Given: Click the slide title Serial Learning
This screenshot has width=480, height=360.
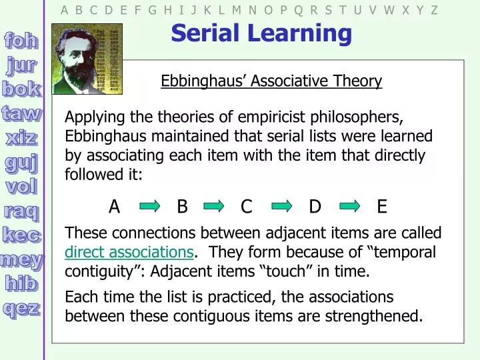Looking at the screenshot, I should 261,32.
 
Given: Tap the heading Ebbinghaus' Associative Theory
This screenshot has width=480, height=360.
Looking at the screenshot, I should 271,81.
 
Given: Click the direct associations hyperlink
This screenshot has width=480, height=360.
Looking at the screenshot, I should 129,253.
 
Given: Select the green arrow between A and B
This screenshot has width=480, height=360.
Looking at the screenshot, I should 150,207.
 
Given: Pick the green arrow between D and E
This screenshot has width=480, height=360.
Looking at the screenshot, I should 349,207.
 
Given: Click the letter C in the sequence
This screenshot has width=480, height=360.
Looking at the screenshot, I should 246,207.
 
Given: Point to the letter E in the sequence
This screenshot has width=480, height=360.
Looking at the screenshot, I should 382,207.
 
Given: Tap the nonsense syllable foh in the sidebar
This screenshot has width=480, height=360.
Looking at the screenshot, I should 21,41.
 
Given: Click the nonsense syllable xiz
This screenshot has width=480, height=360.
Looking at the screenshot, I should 21,137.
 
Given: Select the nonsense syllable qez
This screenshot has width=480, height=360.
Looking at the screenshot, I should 21,308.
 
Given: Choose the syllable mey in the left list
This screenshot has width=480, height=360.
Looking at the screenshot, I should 21,259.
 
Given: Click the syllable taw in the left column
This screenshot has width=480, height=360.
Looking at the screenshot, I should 21,113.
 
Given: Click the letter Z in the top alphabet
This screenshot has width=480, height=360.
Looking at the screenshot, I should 434,10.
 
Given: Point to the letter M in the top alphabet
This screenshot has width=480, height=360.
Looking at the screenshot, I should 236,10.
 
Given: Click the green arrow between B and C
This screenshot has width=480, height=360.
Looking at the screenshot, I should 214,207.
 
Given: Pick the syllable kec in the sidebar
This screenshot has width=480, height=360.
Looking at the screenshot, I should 21,235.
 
